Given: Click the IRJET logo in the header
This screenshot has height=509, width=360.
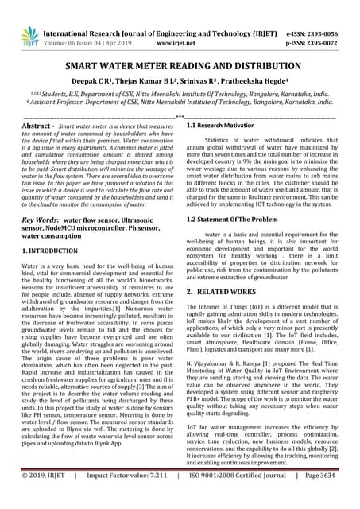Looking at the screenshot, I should (30, 36).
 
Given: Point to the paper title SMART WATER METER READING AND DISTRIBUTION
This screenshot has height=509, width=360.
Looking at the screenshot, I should (180, 69).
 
